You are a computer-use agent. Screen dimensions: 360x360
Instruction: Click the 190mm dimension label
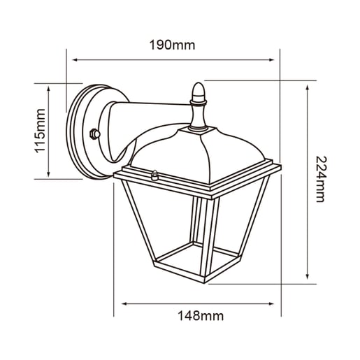pos(172,45)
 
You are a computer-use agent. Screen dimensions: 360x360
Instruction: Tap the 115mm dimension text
pos(40,131)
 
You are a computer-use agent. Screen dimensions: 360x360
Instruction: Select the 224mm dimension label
pos(322,179)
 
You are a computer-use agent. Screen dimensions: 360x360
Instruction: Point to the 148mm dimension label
pos(201,316)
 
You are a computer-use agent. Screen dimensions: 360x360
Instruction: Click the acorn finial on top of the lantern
pos(199,92)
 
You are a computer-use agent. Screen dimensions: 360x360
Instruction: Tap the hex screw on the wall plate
pos(95,134)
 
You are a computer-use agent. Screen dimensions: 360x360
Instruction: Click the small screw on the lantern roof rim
pos(154,175)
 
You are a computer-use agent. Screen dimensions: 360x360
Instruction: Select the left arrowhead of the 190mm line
pos(75,60)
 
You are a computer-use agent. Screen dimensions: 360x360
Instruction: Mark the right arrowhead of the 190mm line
pos(271,60)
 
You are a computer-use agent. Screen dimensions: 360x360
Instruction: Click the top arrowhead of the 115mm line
pos(48,89)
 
